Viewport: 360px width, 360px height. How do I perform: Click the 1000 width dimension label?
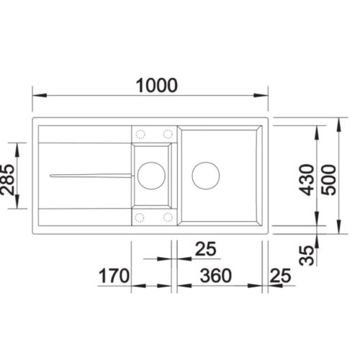[x=157, y=86]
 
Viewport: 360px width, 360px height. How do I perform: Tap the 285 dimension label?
[x=7, y=179]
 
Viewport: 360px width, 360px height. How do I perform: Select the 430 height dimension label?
[x=307, y=179]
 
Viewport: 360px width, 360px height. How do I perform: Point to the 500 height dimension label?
[x=329, y=179]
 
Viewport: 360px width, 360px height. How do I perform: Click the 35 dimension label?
[x=307, y=255]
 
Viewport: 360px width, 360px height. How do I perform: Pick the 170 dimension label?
[x=114, y=276]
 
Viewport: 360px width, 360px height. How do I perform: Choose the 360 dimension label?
[x=216, y=276]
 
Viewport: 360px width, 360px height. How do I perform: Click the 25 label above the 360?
[x=206, y=249]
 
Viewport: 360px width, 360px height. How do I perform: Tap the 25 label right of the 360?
[x=280, y=276]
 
